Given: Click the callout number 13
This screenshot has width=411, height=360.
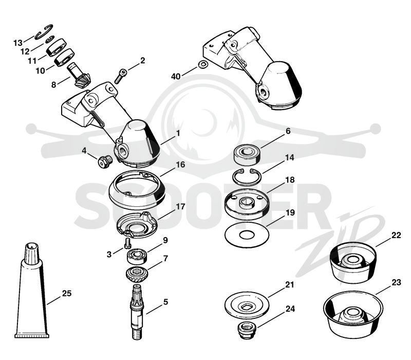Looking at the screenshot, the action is [x=18, y=43].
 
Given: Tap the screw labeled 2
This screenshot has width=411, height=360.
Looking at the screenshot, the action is [x=120, y=76].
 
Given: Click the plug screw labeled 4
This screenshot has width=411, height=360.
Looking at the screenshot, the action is [x=105, y=161].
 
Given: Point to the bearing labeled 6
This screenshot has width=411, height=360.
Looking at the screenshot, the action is [x=247, y=155].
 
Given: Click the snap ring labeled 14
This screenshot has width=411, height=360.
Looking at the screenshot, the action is [x=247, y=178].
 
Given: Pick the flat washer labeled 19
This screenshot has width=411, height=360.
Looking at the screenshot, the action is [x=247, y=235].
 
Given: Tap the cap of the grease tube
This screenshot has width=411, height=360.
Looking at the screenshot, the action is [x=31, y=252].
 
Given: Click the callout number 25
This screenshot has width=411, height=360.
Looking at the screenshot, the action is [x=67, y=293].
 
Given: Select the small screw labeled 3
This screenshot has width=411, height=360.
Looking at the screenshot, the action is [x=127, y=243].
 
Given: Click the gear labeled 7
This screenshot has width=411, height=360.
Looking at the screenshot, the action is [x=137, y=275].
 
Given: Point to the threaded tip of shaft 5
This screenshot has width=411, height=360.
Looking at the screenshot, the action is [x=136, y=334].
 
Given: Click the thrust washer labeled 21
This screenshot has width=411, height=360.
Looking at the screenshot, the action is [x=247, y=305].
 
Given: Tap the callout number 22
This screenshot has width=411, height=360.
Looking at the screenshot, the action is [x=396, y=235].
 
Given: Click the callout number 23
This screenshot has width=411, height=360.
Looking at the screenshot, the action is [x=396, y=282].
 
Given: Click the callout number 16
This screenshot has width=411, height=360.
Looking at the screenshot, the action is [x=180, y=165].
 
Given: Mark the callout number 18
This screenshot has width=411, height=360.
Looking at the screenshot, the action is [x=290, y=179].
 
